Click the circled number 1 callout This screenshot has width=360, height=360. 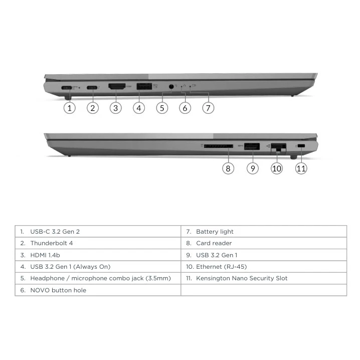point(69,108)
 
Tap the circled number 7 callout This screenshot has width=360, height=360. point(208,108)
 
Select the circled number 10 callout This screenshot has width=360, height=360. point(277,168)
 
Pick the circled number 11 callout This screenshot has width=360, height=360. point(301,168)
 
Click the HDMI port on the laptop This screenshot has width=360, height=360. point(117,86)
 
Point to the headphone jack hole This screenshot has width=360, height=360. point(171,87)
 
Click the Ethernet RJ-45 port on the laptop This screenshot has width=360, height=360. point(278,147)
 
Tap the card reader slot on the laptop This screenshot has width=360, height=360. point(218,146)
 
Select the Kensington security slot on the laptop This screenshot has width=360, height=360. point(301,146)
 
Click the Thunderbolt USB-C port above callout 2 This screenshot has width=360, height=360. point(92,87)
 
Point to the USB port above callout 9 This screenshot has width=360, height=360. point(252,146)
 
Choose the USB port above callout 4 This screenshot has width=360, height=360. point(144,86)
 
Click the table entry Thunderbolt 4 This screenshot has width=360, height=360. point(52,243)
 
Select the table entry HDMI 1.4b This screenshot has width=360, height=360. point(45,255)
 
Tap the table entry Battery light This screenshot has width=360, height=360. point(215,232)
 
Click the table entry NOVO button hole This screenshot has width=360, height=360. point(58,290)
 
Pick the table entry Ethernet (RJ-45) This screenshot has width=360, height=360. point(222,267)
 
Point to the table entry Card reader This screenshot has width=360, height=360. point(214,243)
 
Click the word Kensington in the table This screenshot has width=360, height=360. point(213,278)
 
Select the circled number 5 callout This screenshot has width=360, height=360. point(162,108)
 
